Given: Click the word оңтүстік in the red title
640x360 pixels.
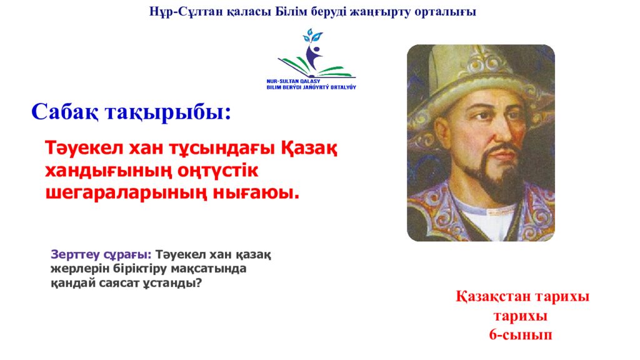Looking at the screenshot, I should point(218,171).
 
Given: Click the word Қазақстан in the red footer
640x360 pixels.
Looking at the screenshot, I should point(496,296).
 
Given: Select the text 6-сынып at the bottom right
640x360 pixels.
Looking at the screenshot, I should point(521,334).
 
